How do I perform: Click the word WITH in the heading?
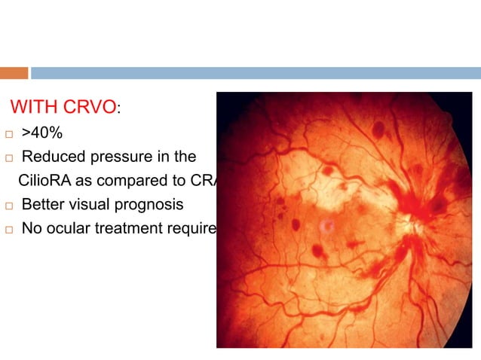(x=32, y=108)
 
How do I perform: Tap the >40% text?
(x=42, y=133)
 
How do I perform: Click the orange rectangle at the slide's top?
(x=14, y=73)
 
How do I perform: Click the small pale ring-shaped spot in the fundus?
(x=326, y=224)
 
